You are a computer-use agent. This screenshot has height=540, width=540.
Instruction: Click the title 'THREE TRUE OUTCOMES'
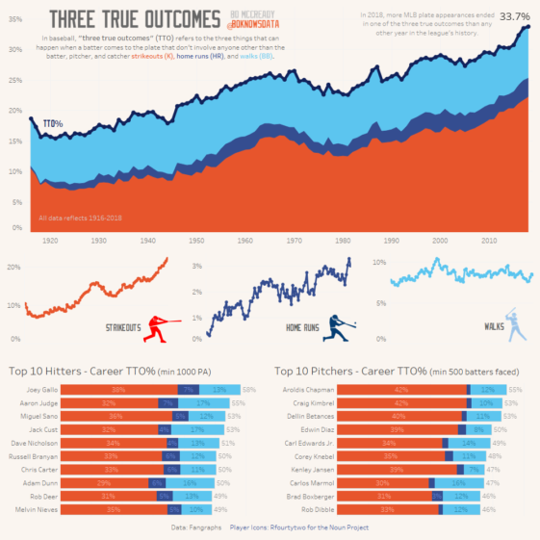pos(134,18)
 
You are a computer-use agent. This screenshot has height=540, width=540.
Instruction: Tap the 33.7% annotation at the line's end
pos(514,16)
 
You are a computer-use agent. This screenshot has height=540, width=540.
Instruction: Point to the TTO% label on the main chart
pos(53,124)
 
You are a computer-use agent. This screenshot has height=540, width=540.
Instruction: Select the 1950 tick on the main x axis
pos(195,241)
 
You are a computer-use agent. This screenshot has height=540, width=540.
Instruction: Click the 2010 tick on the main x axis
pos(489,241)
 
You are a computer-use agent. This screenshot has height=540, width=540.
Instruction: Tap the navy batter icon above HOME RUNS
pos(341,328)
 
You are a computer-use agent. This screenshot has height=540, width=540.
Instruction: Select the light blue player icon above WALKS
pos(517,324)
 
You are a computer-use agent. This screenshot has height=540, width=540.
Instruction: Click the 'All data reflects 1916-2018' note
pos(74,218)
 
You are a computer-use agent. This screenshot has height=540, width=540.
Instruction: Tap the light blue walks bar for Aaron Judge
pos(203,402)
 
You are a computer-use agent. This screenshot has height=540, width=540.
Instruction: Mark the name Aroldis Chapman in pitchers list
pos(308,389)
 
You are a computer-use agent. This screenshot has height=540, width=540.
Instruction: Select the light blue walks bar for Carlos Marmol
pos(458,481)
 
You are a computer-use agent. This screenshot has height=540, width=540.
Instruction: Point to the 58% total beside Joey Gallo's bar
pos(248,389)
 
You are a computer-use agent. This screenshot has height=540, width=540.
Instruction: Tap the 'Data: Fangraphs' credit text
pos(196,527)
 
